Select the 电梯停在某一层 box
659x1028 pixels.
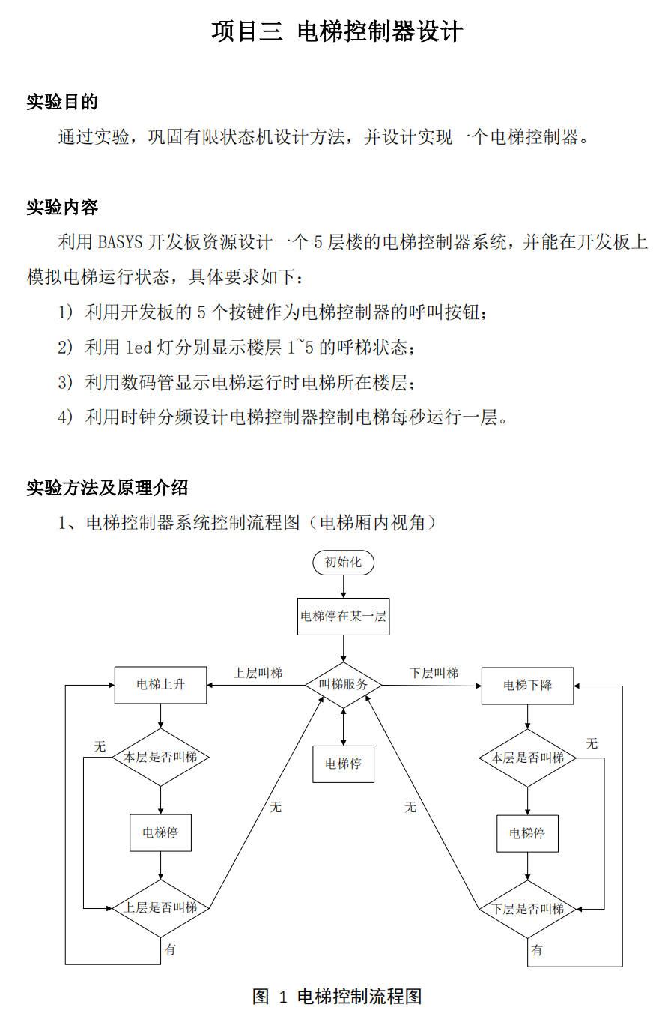343,617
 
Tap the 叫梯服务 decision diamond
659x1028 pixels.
343,685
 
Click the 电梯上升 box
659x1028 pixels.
160,685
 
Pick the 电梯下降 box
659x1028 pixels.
527,686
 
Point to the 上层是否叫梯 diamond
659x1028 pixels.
160,908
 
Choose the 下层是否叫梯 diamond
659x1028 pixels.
527,909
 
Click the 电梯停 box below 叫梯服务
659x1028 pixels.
343,764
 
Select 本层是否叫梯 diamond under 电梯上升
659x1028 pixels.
160,758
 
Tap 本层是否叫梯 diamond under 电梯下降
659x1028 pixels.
527,758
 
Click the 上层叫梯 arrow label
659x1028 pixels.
258,674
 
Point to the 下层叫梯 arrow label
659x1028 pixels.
434,674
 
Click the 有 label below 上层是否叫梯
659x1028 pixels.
170,949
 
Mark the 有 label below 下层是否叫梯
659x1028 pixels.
537,950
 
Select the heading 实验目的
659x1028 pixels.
62,102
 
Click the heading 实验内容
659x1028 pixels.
62,207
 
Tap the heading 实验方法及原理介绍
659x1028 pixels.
107,487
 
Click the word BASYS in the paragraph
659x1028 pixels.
120,242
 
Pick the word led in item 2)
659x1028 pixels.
139,348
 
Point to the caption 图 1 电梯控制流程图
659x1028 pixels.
337,997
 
